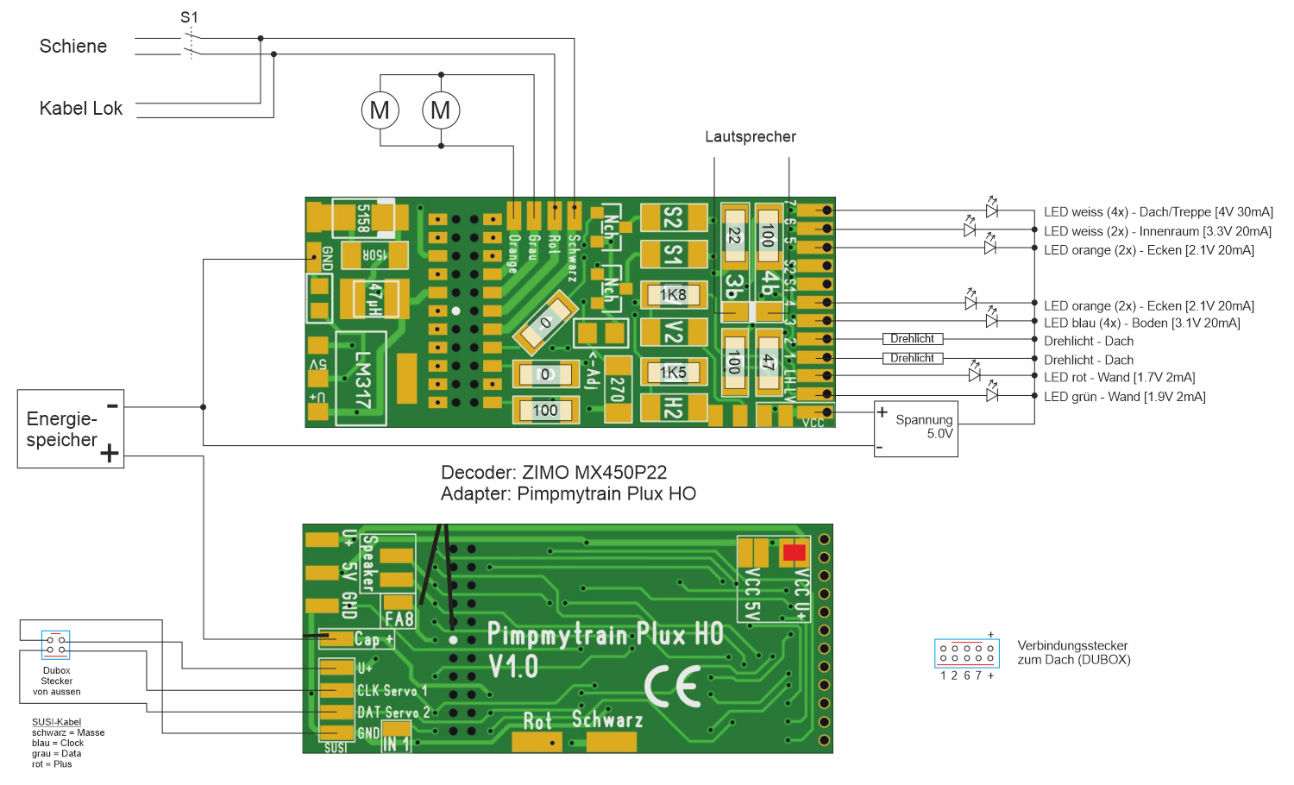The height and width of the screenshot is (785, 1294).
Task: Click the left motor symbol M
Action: [380, 110]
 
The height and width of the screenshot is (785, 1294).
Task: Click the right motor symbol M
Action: [441, 110]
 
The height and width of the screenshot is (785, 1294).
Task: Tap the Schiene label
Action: [73, 47]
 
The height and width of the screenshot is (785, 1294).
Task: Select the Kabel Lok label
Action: [81, 109]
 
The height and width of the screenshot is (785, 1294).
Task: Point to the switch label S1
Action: [189, 17]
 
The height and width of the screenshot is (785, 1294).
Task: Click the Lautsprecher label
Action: [751, 136]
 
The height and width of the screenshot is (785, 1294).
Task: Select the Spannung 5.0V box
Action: [916, 429]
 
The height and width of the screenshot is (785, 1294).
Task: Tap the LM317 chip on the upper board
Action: [362, 380]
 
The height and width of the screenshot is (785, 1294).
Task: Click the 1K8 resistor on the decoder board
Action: [673, 295]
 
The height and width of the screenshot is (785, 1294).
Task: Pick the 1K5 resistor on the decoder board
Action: [673, 373]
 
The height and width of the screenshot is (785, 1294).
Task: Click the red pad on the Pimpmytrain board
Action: [794, 552]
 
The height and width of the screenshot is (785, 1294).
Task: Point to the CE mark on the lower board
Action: [673, 688]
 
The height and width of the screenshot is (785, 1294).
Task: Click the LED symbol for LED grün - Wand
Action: [992, 394]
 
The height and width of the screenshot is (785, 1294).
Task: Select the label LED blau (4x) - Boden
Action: [1141, 323]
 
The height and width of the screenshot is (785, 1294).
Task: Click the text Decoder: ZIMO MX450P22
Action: [554, 473]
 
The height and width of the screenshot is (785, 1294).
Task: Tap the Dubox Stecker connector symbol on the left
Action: [56, 644]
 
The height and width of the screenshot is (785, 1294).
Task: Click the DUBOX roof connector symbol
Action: [966, 652]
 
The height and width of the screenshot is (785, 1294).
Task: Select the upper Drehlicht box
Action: [912, 339]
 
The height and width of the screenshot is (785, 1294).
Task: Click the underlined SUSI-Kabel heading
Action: [56, 722]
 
